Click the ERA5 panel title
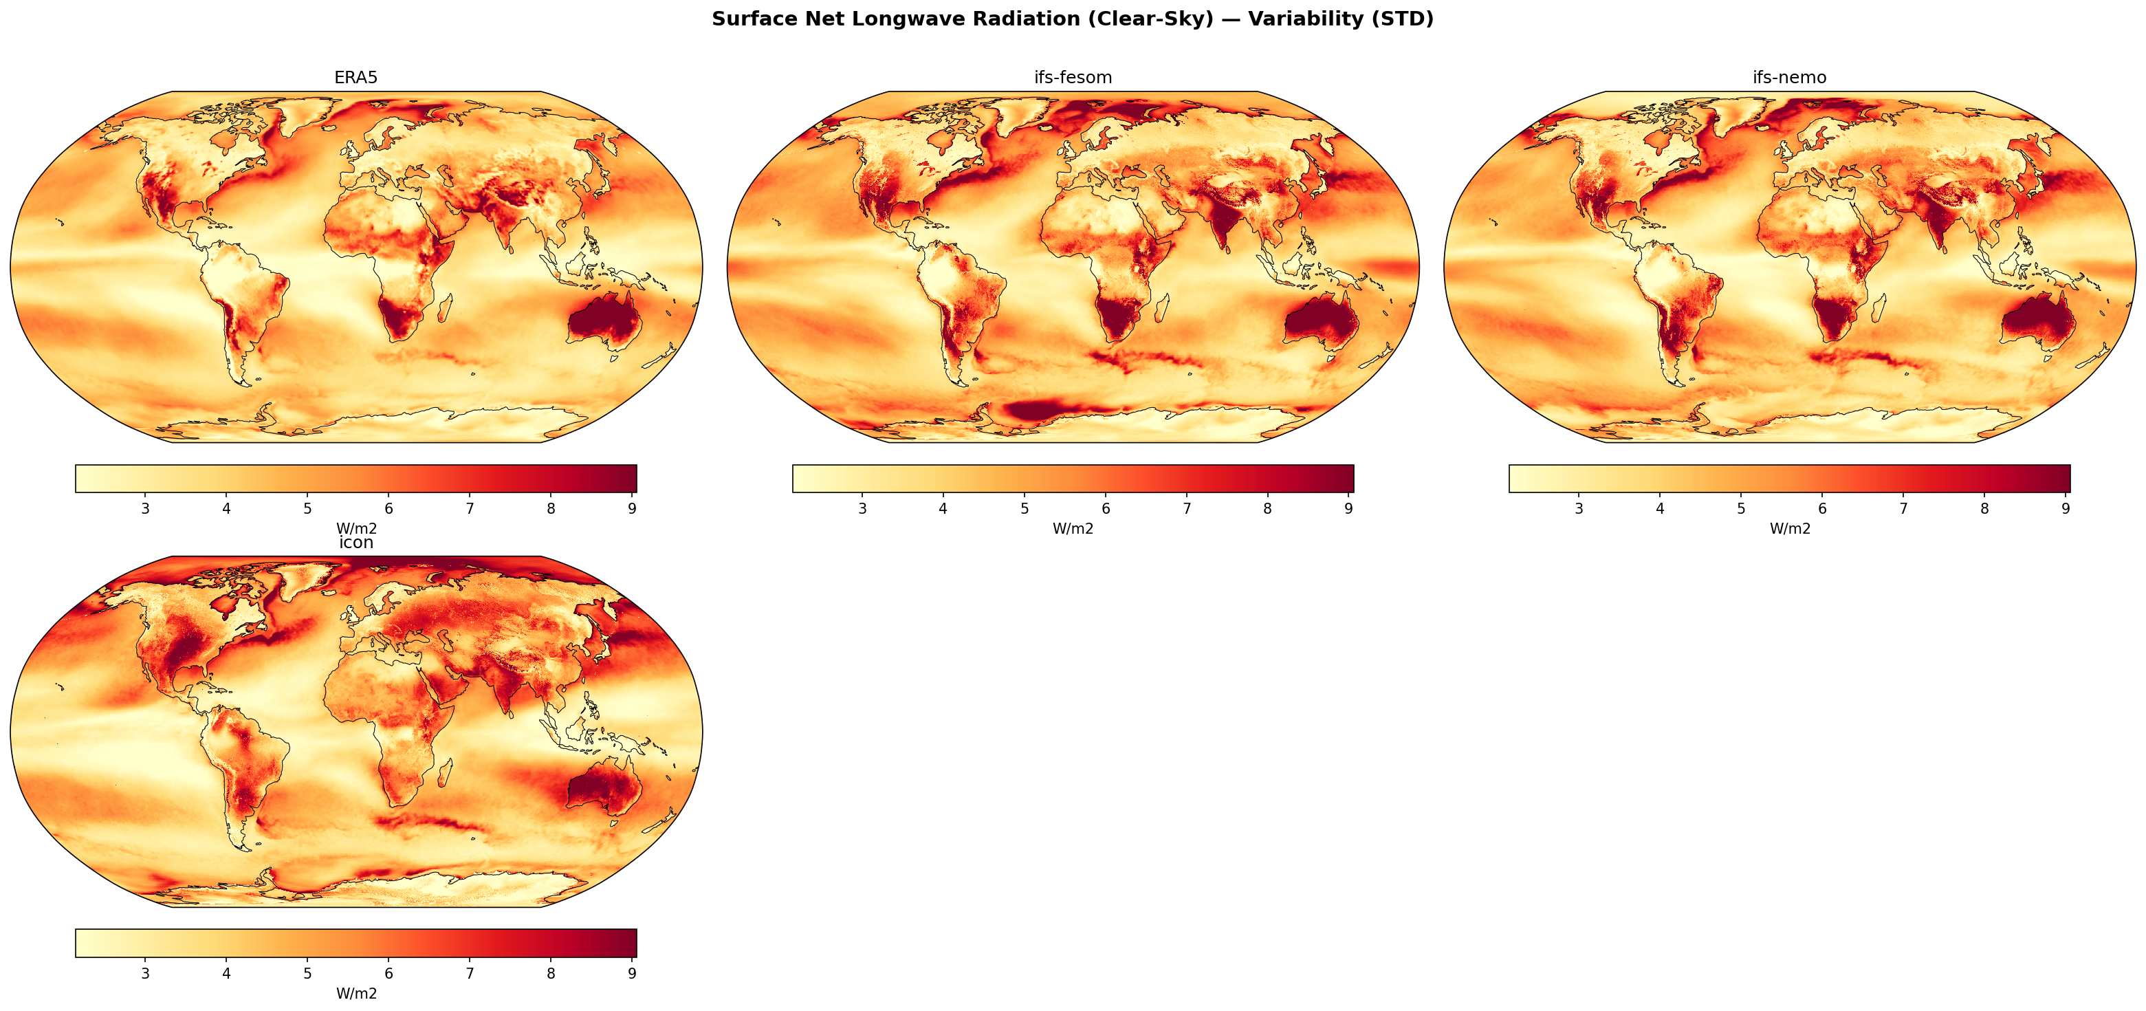pos(355,78)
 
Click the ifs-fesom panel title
pos(1072,78)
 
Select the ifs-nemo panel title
pos(1789,78)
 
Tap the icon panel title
pos(355,543)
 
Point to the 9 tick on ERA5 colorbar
pos(633,508)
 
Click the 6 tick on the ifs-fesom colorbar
pos(1106,508)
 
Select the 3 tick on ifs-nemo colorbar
pos(1579,508)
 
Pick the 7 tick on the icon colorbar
pos(470,973)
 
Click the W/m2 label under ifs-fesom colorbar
pos(1072,528)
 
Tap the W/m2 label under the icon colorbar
pos(355,994)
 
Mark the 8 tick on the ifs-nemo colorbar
pos(1984,508)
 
